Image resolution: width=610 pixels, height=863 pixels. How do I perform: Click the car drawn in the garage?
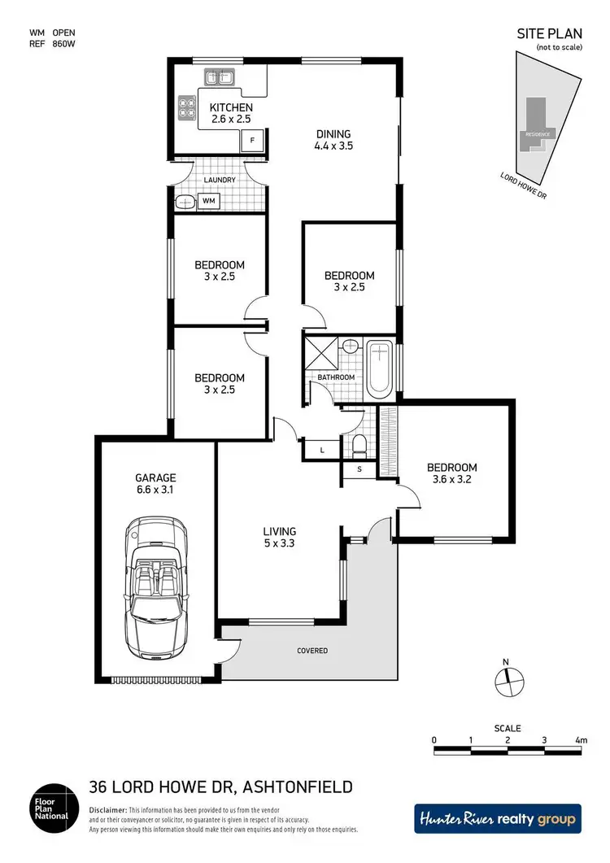[x=156, y=590]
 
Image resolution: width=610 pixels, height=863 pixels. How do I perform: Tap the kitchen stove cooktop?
[x=188, y=108]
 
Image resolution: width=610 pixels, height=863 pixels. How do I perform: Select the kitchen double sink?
[x=217, y=78]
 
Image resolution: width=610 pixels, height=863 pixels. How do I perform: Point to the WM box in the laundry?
[x=208, y=199]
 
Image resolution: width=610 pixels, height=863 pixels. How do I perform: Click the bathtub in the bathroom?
[x=380, y=370]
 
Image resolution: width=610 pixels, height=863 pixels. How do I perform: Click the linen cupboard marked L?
[x=322, y=449]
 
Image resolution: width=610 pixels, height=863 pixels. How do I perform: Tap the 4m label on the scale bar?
[x=580, y=740]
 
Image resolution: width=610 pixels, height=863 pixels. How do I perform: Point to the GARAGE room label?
[x=156, y=478]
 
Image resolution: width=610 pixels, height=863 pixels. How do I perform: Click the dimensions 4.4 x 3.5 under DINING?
[x=333, y=147]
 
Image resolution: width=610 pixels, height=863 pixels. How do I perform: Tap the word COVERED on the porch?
[x=312, y=651]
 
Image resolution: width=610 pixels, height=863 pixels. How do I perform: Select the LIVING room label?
[x=279, y=531]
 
